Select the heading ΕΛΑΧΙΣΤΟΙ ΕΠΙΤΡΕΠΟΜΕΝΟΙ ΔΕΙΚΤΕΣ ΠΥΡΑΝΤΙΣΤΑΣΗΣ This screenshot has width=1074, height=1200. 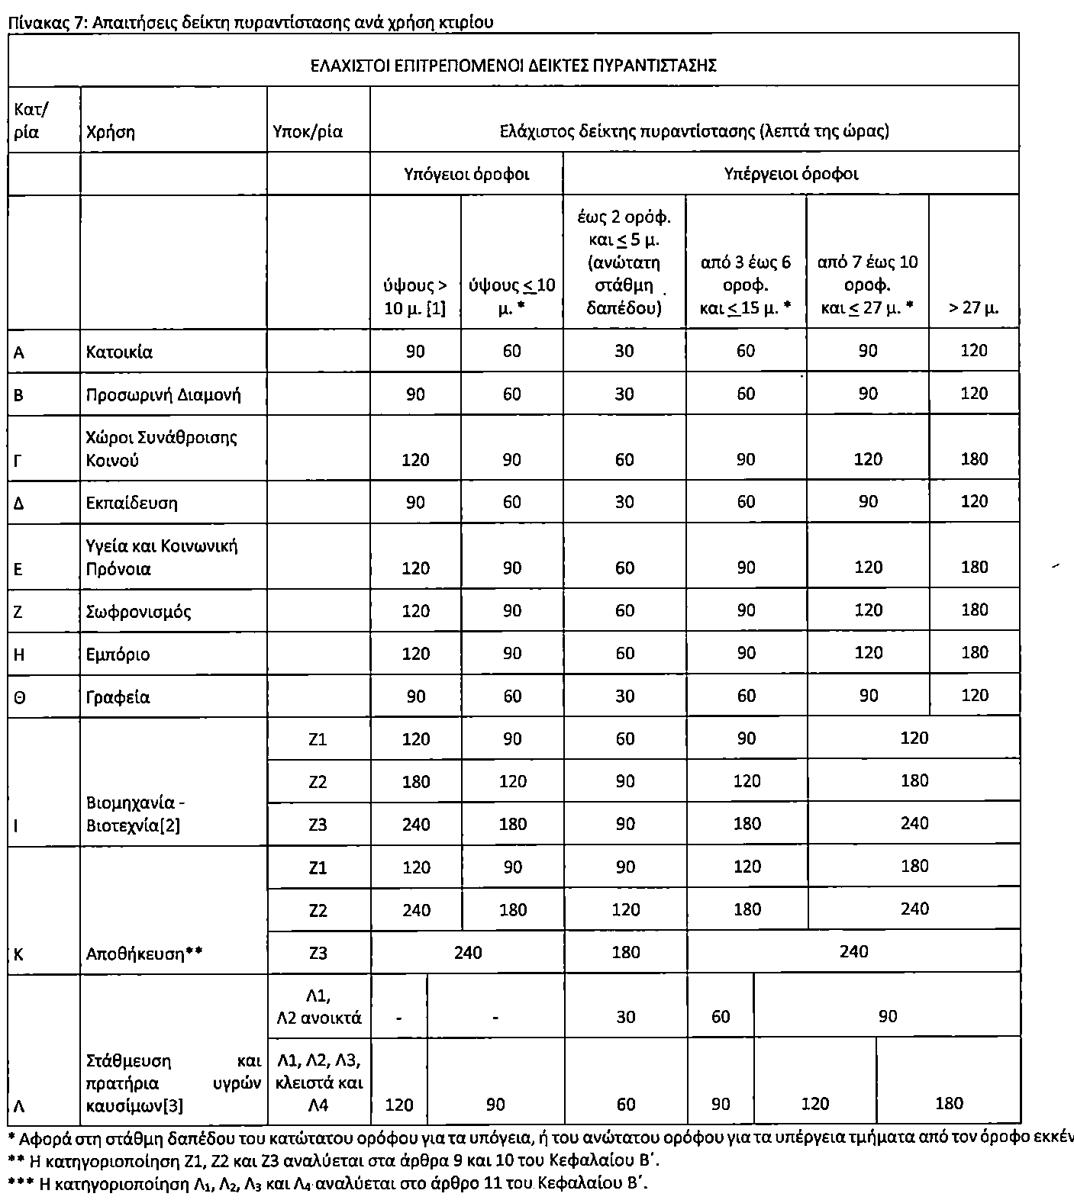click(x=513, y=65)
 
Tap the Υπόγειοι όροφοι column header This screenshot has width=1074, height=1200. click(x=466, y=174)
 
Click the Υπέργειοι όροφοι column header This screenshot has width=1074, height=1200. click(x=791, y=174)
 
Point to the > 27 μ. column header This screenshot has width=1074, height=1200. click(x=973, y=308)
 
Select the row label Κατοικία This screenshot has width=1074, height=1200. click(x=119, y=352)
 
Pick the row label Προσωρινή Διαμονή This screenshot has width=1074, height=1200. click(x=163, y=395)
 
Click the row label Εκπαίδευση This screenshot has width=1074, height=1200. click(x=132, y=503)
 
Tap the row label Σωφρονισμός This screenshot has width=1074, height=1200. click(x=139, y=612)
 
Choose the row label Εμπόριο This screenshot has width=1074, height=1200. click(x=118, y=655)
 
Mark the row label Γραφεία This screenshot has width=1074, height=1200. click(x=118, y=697)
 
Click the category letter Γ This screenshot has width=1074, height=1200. click(x=18, y=461)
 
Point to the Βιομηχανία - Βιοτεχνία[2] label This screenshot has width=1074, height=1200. click(x=136, y=814)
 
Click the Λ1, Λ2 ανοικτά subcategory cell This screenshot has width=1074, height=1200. click(x=318, y=1006)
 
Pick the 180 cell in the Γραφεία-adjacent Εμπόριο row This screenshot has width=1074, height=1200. click(x=975, y=653)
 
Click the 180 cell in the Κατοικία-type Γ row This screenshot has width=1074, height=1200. click(x=975, y=459)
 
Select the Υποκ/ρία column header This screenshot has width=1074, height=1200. click(x=308, y=132)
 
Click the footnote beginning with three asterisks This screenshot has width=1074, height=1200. click(x=328, y=1184)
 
